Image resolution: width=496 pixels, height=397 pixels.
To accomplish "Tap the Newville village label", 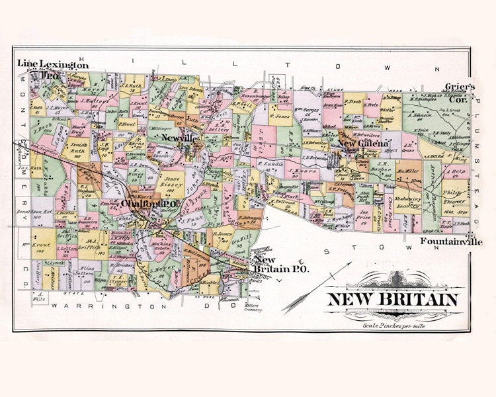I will [179, 137].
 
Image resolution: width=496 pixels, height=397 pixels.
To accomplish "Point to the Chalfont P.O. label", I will [147, 204].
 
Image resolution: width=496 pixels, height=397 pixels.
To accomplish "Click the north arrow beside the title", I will [323, 278].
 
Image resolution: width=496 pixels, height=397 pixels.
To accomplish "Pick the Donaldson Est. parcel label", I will [31, 214].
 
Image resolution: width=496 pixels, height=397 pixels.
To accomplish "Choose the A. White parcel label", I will [38, 295].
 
